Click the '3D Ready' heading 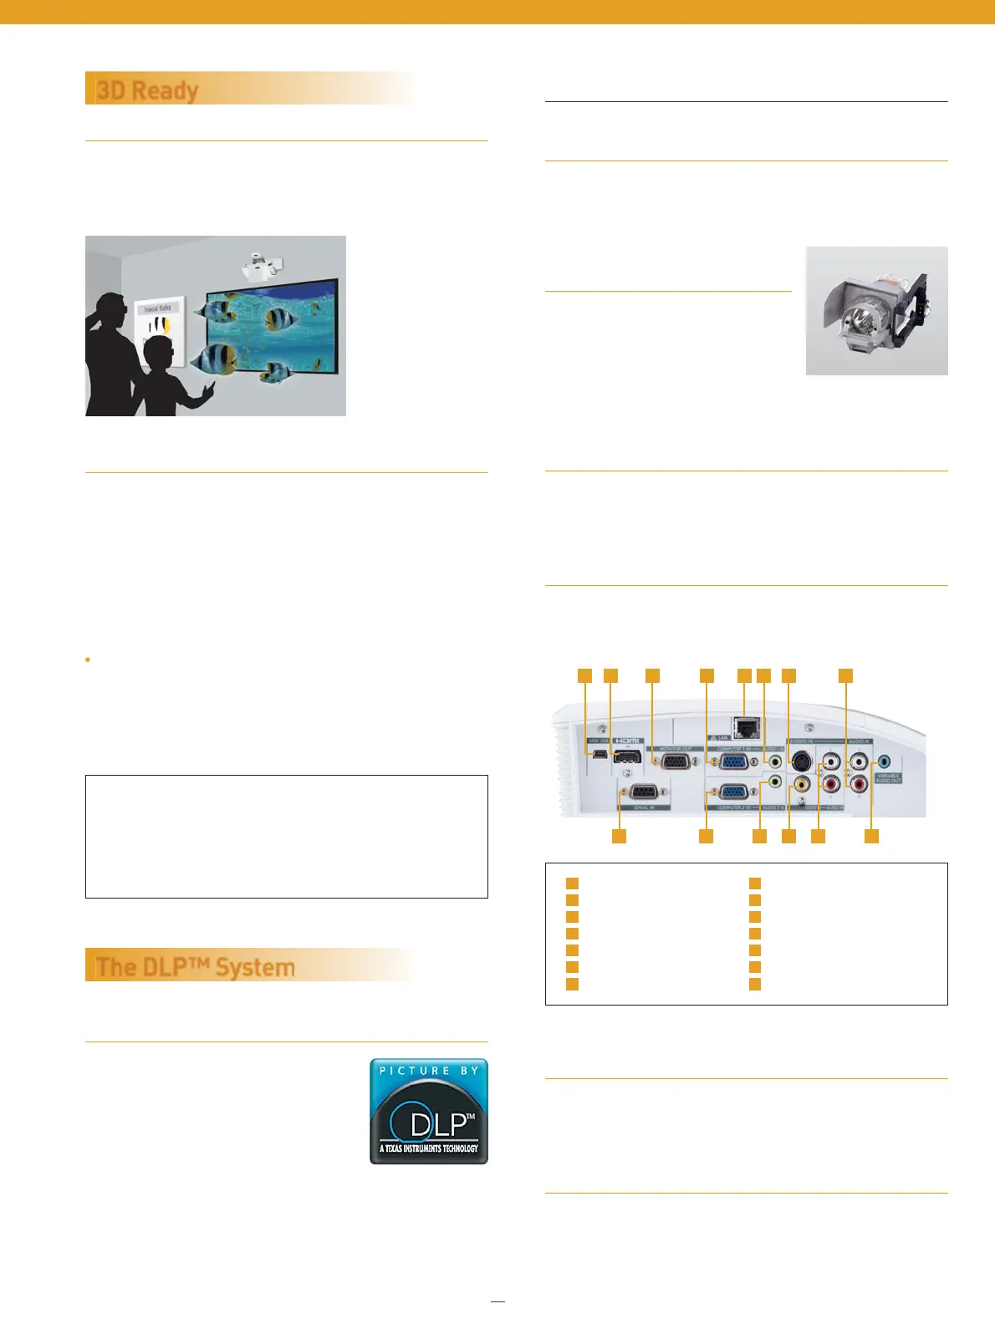pos(148,89)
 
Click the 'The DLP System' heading pos(196,967)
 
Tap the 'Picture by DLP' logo pos(429,1111)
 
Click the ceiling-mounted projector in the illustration pos(262,265)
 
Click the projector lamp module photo pos(876,311)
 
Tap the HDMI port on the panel pos(628,757)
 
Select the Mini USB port pos(600,757)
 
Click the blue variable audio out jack pos(886,761)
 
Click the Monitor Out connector pos(676,761)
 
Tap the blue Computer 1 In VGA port pos(734,761)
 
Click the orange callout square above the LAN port pos(744,675)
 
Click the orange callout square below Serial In pos(619,836)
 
